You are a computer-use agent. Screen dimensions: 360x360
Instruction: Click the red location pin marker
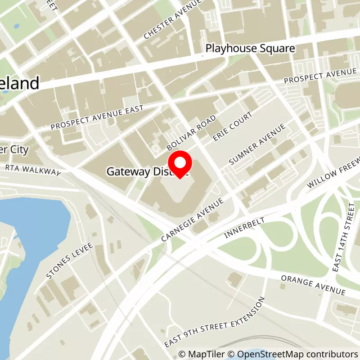(x=180, y=164)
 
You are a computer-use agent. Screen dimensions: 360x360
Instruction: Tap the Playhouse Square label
(x=250, y=48)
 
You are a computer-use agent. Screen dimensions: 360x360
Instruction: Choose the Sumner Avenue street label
(x=257, y=144)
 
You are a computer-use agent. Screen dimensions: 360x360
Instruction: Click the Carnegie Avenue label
(x=193, y=219)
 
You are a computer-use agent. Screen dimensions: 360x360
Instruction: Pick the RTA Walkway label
(x=33, y=169)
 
